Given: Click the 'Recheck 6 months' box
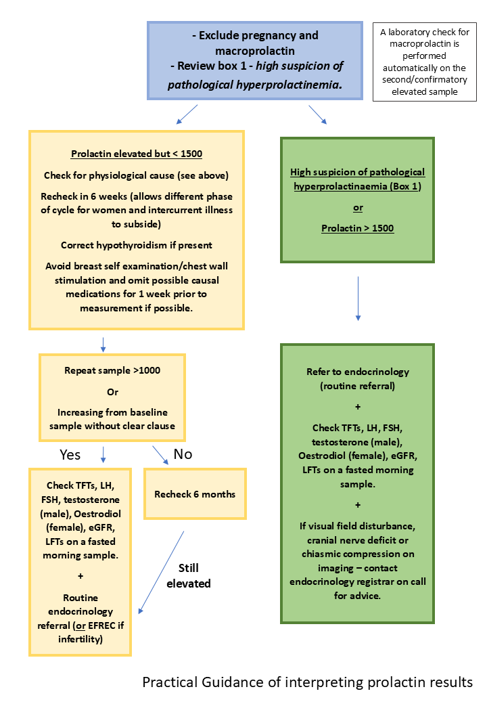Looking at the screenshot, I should point(195,494).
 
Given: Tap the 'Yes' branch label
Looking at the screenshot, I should point(70,455).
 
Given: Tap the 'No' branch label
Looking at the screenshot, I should point(183,455).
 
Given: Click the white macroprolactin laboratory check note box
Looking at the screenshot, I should point(424,62).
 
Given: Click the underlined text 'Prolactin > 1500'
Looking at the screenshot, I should point(357,228).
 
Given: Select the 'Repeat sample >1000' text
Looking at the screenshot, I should point(112,370).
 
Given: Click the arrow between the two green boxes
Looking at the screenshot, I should point(358,297).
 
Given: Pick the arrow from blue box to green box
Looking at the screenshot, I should point(318,114).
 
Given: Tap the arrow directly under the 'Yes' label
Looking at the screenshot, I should point(102,453).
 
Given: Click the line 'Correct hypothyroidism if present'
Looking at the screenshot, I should point(136,245).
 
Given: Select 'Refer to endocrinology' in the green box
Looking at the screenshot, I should point(357,372).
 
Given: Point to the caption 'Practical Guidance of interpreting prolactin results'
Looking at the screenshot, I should point(307,682).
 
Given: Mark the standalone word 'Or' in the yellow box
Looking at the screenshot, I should point(112,391).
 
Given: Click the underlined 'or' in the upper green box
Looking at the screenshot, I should point(357,207).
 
